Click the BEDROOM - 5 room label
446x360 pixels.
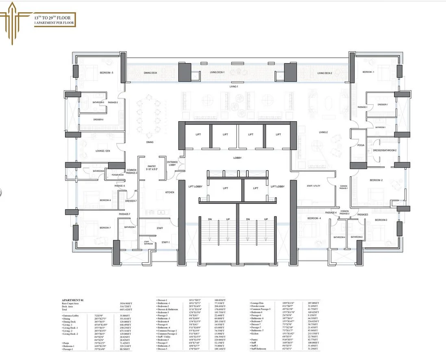pos(107,73)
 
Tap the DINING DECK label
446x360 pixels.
pos(150,73)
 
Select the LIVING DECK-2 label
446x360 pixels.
pos(324,73)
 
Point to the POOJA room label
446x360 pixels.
pos(360,144)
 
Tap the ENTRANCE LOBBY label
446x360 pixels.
pos(172,164)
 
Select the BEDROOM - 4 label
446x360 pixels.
pos(314,218)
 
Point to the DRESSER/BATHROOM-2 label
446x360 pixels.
pos(384,150)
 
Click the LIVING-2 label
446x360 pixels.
pos(323,132)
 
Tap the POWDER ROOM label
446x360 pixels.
pos(115,175)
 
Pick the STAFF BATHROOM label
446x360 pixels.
pos(149,243)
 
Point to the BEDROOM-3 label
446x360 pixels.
pos(381,220)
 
